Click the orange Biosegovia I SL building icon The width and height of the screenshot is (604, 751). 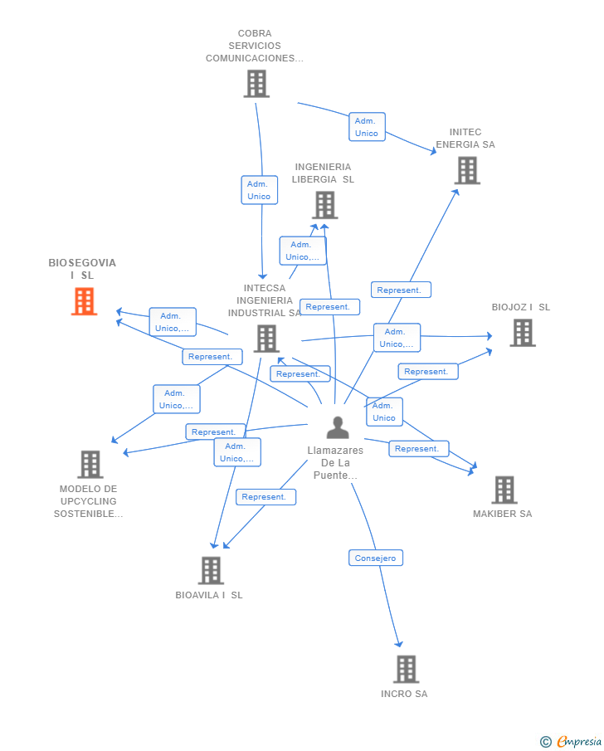click(84, 302)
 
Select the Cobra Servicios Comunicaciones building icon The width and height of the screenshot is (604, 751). click(256, 84)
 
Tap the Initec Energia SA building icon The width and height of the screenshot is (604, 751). click(467, 170)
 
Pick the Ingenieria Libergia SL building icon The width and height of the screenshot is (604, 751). click(324, 205)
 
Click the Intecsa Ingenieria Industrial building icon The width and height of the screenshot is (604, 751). click(265, 339)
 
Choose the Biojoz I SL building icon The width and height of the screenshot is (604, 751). click(522, 333)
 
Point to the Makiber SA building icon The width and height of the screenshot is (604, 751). click(504, 490)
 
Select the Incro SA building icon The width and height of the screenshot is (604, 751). click(406, 669)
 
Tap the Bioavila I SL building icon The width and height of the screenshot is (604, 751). click(211, 570)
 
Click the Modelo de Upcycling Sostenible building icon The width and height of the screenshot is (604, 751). click(90, 465)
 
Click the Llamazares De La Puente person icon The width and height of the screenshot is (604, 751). click(337, 427)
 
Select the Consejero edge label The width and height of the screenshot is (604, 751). click(376, 558)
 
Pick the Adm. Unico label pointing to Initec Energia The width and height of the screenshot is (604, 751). click(366, 127)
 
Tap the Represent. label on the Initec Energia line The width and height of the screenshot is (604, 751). click(400, 290)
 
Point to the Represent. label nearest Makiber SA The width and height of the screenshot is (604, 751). click(417, 449)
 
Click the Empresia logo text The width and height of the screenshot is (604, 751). click(578, 741)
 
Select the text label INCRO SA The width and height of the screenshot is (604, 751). click(404, 694)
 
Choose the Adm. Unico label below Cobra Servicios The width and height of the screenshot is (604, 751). click(259, 190)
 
